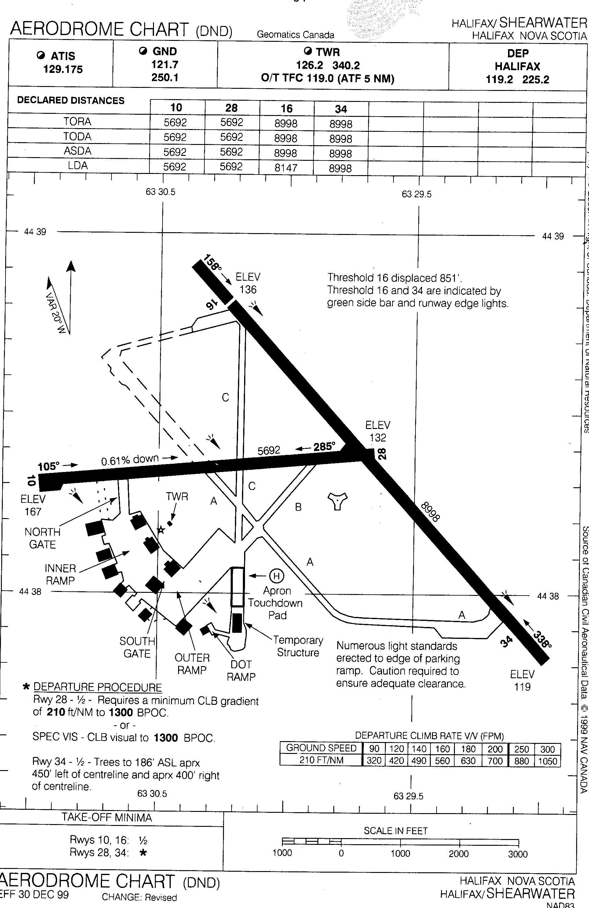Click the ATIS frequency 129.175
[x=63, y=70]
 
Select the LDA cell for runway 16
[x=286, y=168]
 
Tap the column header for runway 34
[x=341, y=109]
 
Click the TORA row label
[x=77, y=122]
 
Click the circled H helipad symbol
[x=276, y=575]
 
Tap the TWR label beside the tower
[x=177, y=496]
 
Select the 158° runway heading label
[x=212, y=263]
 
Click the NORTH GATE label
[x=42, y=538]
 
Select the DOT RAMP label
[x=241, y=670]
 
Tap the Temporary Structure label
[x=298, y=646]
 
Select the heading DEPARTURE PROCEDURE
[x=97, y=687]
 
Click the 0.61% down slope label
[x=130, y=460]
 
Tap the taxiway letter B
[x=298, y=507]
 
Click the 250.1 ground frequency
[x=165, y=77]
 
